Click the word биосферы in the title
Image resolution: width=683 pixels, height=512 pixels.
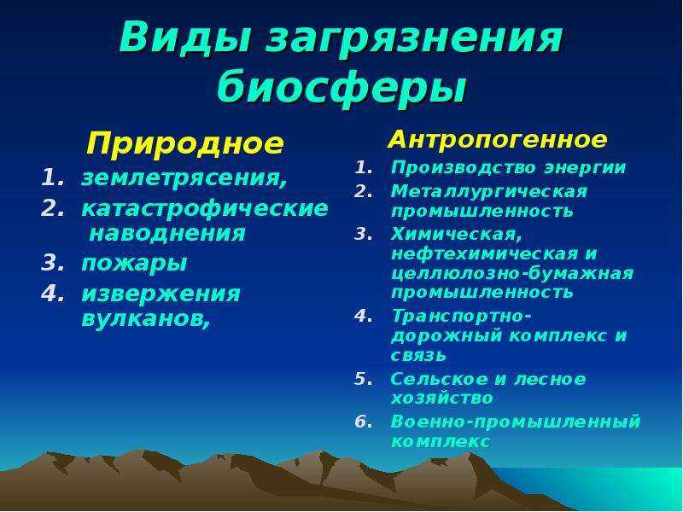tap(342, 84)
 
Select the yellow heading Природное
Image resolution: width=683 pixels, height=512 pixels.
tap(185, 143)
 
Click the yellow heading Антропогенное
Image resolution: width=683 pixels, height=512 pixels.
tap(497, 140)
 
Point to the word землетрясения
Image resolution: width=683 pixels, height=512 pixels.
tap(184, 178)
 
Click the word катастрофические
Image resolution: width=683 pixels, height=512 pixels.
tap(205, 208)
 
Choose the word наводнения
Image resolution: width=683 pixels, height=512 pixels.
tap(167, 233)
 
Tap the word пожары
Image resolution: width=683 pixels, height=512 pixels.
tap(134, 264)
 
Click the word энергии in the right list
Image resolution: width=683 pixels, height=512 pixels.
tap(585, 168)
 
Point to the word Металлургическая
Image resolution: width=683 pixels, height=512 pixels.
tap(489, 191)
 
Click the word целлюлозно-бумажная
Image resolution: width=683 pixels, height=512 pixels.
tap(512, 273)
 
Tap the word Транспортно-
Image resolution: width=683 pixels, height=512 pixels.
tap(461, 316)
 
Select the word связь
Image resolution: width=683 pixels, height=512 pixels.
tap(418, 356)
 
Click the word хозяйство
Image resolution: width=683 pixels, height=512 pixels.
tap(441, 398)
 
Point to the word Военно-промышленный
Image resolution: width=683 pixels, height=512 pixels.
tap(516, 422)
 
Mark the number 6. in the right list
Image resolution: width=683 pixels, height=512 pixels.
tap(364, 422)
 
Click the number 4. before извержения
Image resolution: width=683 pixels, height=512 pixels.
tap(53, 294)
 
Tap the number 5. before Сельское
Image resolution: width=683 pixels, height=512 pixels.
tap(364, 379)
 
